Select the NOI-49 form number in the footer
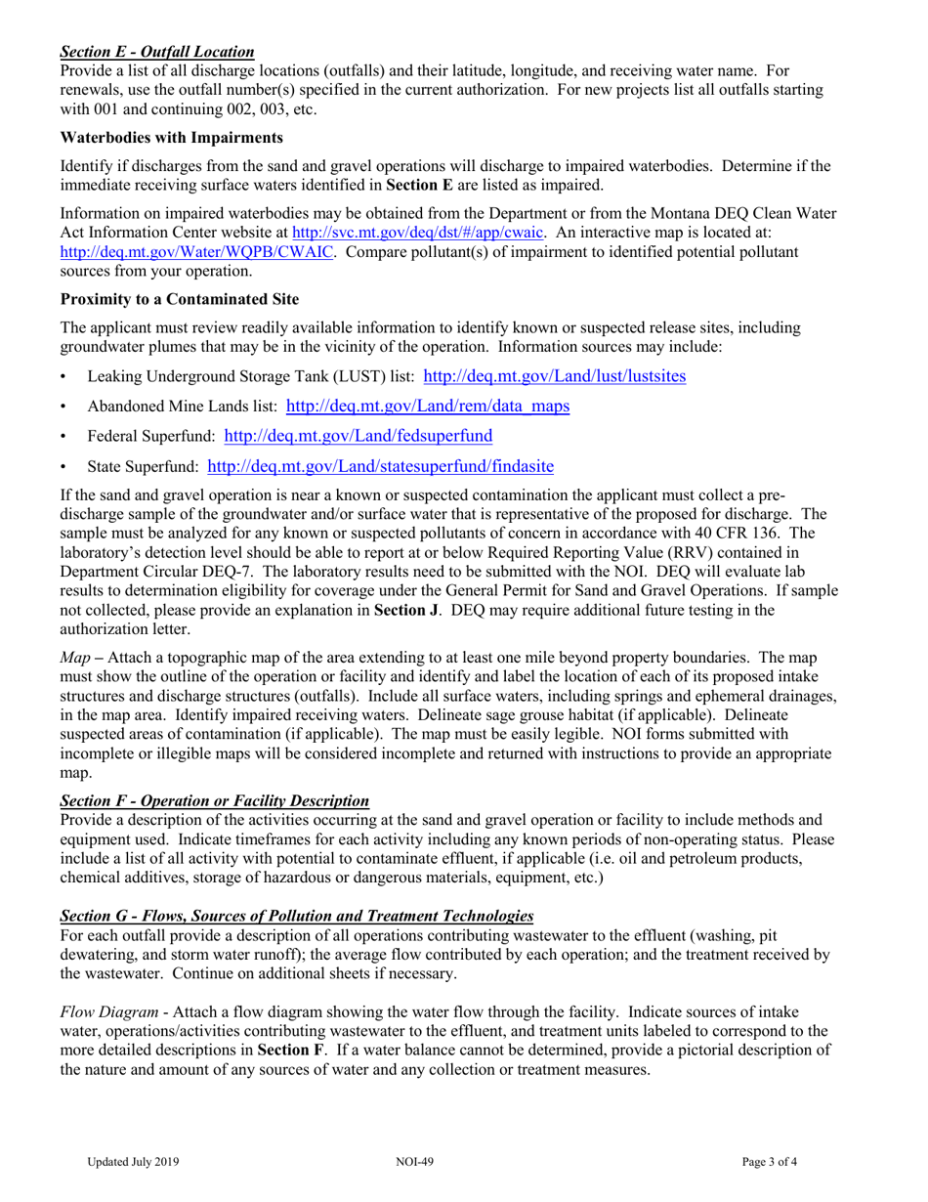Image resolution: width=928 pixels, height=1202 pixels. coord(408,1163)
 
